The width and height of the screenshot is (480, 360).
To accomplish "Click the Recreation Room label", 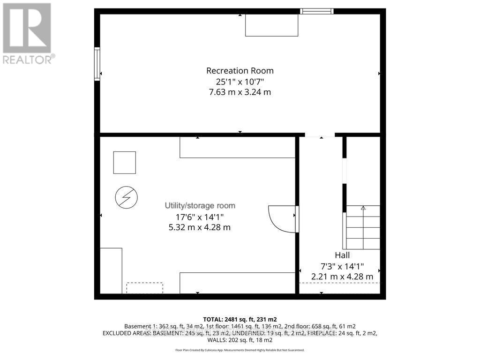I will tap(240, 71).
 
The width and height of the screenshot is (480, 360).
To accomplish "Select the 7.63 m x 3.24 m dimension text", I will tap(240, 92).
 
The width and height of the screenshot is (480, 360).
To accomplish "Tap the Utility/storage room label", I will tap(200, 206).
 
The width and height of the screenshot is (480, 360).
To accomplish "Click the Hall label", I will tap(342, 255).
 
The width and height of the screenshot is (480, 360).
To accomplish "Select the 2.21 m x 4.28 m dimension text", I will tap(342, 277).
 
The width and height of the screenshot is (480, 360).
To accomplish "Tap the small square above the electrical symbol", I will tap(124, 163).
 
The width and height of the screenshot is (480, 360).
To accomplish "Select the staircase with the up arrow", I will tap(362, 227).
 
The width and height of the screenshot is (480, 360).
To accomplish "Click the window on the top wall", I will tap(316, 11).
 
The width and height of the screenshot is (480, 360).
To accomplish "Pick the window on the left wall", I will tap(97, 64).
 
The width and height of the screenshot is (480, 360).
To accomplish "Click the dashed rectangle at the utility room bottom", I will tap(144, 288).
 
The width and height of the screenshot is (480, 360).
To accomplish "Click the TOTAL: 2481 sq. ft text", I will tap(240, 319).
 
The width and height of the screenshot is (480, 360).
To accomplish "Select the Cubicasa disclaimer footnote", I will tap(240, 350).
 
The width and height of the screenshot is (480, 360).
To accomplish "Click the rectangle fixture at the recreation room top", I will tap(272, 25).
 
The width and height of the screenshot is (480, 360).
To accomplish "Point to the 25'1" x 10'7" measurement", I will tap(240, 82).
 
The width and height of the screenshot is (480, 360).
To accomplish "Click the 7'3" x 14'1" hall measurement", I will tap(342, 266).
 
